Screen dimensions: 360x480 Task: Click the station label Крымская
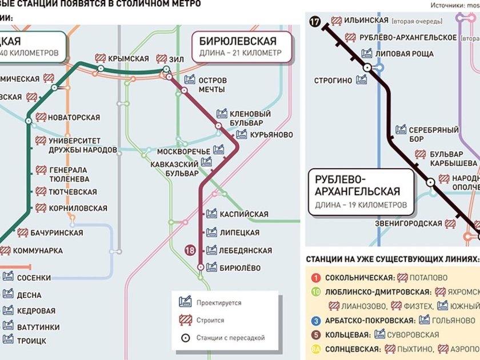pos(129,59)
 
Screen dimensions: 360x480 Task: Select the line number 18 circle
pos(190,250)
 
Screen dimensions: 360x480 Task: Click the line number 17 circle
pos(314,22)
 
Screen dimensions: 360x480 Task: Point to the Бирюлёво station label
pos(240,268)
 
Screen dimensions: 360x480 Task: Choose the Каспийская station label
pos(244,214)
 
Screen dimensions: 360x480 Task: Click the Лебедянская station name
pos(246,250)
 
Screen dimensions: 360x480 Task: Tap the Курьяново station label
pos(271,135)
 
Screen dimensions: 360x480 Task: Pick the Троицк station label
pos(33,341)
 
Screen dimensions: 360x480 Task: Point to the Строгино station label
pos(333,81)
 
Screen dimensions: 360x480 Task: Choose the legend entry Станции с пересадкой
pos(230,338)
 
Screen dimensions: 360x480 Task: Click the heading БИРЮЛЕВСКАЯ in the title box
pos(238,41)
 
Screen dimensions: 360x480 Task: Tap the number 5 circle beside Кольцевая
pos(315,335)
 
